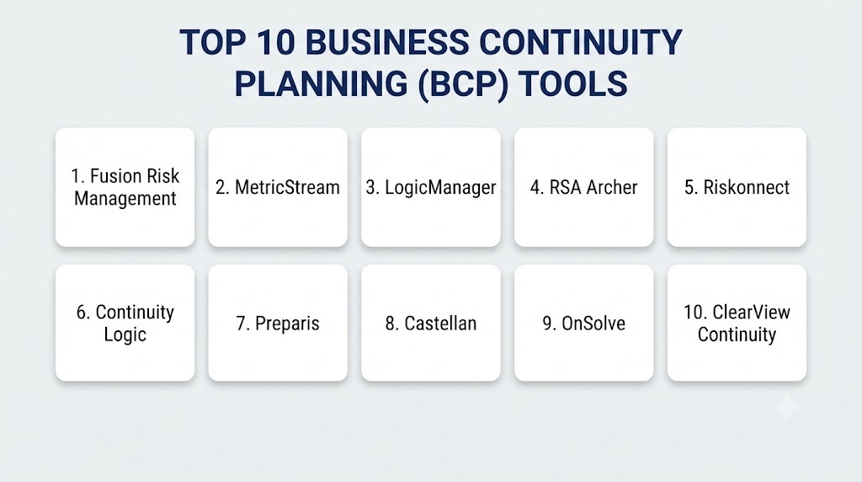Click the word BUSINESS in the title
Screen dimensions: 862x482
tap(387, 42)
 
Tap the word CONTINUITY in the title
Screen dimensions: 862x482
tap(581, 42)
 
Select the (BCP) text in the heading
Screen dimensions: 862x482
tap(463, 84)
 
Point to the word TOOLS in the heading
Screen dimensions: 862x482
tap(572, 83)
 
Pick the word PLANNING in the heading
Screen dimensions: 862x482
tap(321, 83)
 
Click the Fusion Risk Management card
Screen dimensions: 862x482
tap(125, 187)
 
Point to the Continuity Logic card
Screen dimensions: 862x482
tap(125, 323)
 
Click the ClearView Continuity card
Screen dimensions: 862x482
tap(737, 323)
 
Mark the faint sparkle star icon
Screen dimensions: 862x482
tap(787, 407)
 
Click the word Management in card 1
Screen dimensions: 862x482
tap(125, 199)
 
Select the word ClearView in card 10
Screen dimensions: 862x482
tap(752, 312)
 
